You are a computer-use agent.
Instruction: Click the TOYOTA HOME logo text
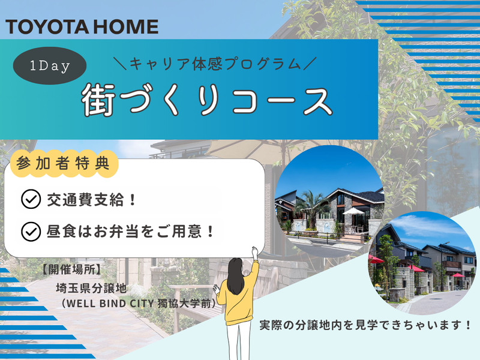(82, 26)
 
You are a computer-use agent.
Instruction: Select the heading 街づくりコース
(207, 100)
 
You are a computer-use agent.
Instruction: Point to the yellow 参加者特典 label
(64, 164)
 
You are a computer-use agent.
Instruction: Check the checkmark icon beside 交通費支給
(29, 200)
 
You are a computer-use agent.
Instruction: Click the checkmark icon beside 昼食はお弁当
(29, 230)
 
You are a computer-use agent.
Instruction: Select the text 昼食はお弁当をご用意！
(130, 230)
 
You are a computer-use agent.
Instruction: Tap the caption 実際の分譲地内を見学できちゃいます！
(365, 326)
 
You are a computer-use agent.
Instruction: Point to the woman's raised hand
(254, 251)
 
